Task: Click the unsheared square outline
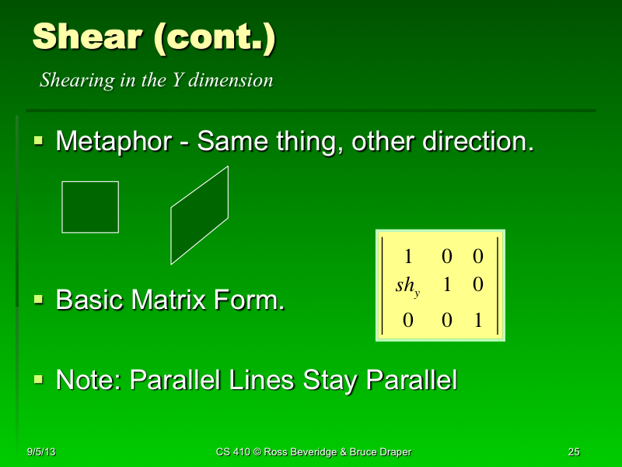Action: click(x=90, y=207)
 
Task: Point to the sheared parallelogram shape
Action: click(x=201, y=218)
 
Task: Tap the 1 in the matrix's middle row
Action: click(x=446, y=284)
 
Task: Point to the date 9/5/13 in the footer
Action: click(x=40, y=452)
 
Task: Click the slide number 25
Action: click(x=575, y=452)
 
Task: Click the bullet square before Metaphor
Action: click(x=39, y=141)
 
